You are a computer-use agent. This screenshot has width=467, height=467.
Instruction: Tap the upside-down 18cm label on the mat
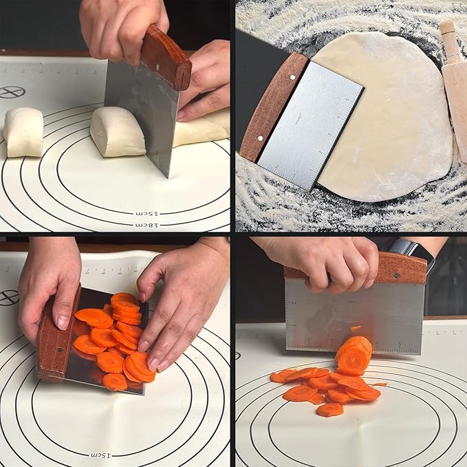click(x=149, y=224)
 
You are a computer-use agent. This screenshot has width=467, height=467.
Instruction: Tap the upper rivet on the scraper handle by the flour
click(x=292, y=78)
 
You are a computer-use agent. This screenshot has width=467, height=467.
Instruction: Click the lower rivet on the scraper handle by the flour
click(x=261, y=138)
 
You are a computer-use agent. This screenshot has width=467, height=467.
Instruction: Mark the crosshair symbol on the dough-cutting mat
click(x=11, y=92)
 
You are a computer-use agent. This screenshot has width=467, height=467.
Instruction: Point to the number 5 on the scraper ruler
click(x=400, y=344)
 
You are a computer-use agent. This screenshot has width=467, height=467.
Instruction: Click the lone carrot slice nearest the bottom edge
click(x=330, y=410)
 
